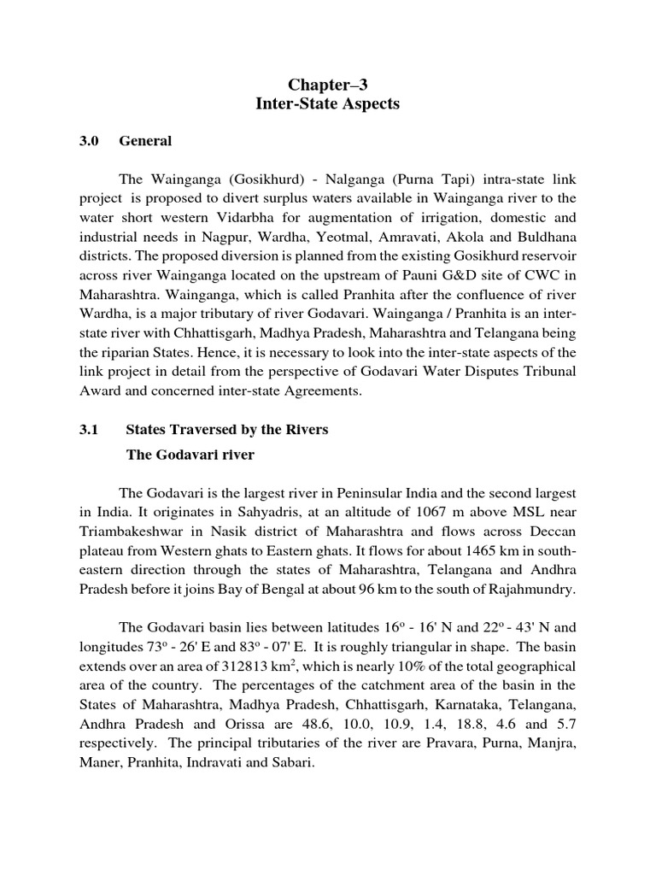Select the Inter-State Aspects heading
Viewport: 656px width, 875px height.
tap(329, 104)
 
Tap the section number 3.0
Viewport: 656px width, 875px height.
tap(90, 141)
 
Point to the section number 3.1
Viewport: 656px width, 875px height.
tap(90, 430)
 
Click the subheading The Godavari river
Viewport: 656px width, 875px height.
tap(190, 455)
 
